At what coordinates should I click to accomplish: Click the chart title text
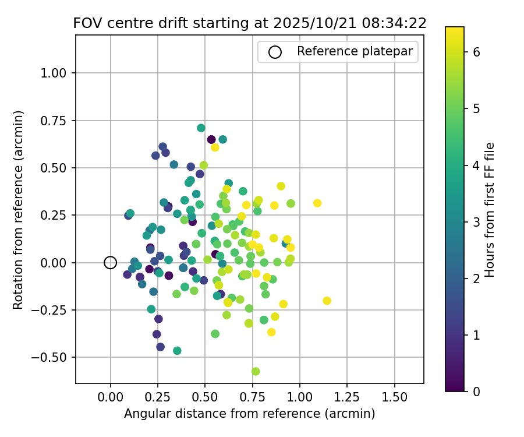[250, 23]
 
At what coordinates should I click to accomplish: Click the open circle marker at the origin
[111, 263]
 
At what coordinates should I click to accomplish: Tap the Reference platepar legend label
[355, 51]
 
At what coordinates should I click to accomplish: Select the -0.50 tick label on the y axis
[54, 357]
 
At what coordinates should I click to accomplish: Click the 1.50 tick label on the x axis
[395, 397]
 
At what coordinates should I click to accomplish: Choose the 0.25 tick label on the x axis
[158, 397]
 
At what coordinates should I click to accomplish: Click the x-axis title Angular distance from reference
[249, 414]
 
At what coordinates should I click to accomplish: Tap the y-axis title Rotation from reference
[19, 209]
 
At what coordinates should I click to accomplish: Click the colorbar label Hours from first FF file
[490, 210]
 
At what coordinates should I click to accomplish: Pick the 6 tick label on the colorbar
[476, 52]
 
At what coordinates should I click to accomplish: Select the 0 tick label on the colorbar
[476, 391]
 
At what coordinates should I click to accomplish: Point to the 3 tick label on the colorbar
[476, 221]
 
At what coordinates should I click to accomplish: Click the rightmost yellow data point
[327, 301]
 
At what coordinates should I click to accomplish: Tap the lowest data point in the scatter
[256, 371]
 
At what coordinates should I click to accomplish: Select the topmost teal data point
[201, 128]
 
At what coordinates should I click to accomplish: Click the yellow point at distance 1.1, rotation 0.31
[317, 203]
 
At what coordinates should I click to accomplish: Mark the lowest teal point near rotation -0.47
[177, 351]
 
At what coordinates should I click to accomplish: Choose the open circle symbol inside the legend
[275, 52]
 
